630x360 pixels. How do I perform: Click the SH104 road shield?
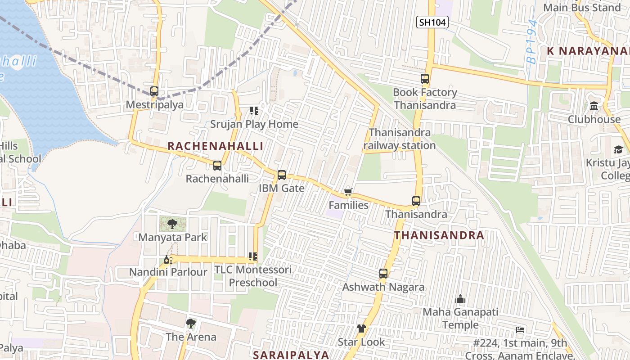point(432,22)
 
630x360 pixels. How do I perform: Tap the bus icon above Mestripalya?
point(154,91)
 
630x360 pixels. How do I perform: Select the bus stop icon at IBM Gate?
point(282,175)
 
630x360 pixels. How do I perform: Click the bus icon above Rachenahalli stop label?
point(217,166)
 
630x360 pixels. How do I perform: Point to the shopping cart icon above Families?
point(348,192)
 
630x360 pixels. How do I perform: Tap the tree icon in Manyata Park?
point(172,224)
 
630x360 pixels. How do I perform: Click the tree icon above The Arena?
point(190,323)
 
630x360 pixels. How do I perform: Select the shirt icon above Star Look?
point(361,328)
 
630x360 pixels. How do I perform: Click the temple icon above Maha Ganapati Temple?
point(460,299)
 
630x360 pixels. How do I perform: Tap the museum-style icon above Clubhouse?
point(594,106)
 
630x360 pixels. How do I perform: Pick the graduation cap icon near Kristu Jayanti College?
point(618,149)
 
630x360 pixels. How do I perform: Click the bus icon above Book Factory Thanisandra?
point(425,79)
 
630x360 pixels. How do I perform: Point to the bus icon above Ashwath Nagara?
point(383,274)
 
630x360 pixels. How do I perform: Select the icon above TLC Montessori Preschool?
point(253,256)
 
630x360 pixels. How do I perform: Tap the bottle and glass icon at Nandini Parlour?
point(168,259)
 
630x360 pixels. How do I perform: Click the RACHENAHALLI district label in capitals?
point(215,146)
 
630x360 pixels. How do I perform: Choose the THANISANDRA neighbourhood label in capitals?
point(439,235)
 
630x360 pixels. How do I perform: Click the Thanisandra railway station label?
point(400,139)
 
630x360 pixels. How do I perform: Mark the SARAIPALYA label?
point(291,355)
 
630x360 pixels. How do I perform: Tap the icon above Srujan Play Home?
point(254,110)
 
